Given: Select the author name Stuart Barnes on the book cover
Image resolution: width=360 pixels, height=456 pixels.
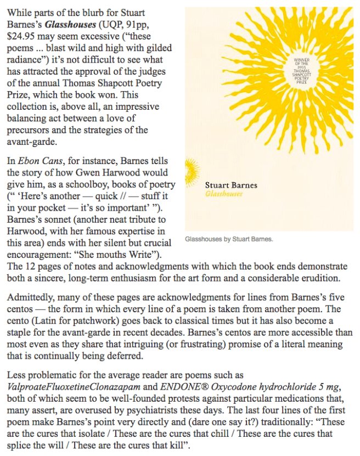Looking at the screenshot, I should [x=230, y=185].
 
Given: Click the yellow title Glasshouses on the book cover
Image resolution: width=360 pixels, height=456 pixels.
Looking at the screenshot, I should [x=224, y=194].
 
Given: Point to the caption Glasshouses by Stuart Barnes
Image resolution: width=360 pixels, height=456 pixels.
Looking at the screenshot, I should [x=229, y=239].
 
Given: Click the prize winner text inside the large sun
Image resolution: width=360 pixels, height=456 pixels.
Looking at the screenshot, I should [x=303, y=70].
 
